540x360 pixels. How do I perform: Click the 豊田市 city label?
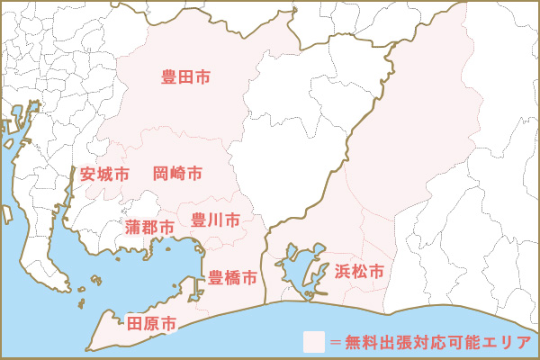tap(185, 78)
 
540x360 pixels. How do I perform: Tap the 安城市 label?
tap(104, 173)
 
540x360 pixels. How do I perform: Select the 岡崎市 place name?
tap(177, 172)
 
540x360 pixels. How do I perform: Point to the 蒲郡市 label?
tap(149, 227)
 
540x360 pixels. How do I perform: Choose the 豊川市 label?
tap(215, 220)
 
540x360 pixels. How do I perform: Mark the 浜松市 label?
tap(359, 270)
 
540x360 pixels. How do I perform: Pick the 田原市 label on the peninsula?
tap(151, 322)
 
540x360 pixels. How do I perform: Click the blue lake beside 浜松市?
tap(297, 267)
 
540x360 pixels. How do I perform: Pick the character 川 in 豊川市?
tap(215, 220)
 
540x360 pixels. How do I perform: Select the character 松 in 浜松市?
tap(359, 270)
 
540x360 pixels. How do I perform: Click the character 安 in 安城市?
tap(88, 173)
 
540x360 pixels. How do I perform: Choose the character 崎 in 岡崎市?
tap(177, 172)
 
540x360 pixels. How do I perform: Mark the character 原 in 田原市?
tap(151, 322)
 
